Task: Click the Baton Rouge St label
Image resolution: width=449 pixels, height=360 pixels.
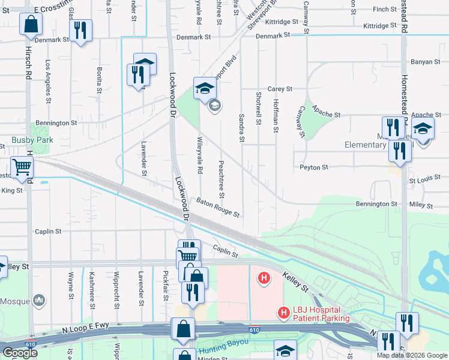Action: (219, 207)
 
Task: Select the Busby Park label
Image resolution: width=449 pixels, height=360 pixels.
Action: (32, 140)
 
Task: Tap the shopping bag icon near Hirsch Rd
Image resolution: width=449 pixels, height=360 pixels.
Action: (31, 25)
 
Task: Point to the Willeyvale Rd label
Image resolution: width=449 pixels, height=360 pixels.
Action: (199, 154)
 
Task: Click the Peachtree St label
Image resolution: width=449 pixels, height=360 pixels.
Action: (221, 179)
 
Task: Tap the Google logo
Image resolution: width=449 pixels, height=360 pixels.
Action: (20, 353)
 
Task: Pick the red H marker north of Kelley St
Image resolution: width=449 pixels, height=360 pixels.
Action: (262, 278)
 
